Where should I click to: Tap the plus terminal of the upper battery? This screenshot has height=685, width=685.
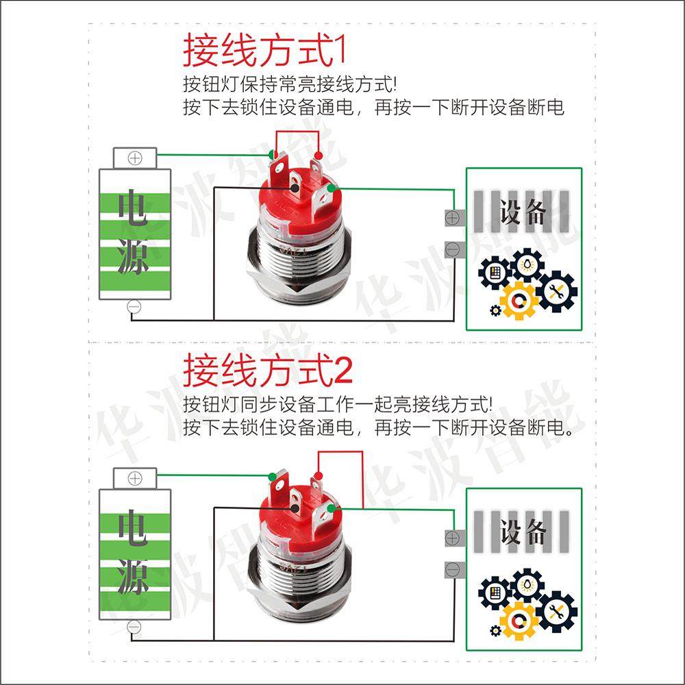135,158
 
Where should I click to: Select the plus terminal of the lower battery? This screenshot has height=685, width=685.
135,478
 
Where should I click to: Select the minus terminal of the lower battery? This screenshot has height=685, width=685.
135,626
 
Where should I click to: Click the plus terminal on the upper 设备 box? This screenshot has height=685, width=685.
452,218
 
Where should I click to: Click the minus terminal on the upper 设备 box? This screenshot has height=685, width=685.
452,249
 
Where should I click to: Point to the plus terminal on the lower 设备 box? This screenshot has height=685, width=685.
452,538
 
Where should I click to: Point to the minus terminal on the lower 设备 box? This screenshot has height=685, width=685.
452,569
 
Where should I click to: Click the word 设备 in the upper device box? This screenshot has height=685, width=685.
523,212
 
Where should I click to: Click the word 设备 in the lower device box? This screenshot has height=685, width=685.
523,532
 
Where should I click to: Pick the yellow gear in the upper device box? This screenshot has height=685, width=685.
519,300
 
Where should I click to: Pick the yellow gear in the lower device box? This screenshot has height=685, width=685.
519,620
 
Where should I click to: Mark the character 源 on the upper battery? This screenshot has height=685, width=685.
134,258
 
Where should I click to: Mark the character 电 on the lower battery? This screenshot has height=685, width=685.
134,530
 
